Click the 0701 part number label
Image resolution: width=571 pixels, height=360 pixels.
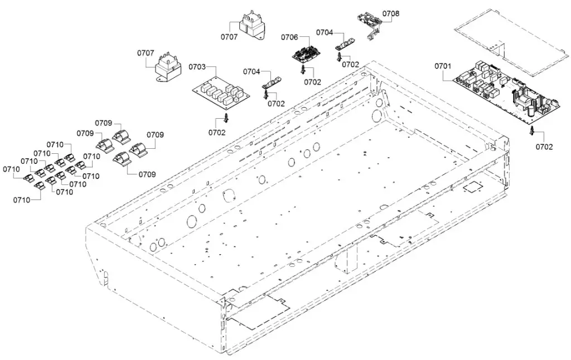(x=443, y=66)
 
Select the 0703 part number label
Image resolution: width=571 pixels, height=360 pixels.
(x=197, y=67)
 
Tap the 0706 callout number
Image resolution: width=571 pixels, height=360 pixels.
(x=289, y=37)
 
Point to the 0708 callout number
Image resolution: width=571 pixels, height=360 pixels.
(x=391, y=13)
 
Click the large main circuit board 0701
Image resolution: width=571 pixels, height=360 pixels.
(x=505, y=93)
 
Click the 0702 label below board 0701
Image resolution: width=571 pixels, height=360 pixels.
(x=544, y=147)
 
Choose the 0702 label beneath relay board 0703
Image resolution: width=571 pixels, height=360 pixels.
(x=217, y=133)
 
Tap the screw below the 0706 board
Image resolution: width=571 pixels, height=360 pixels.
(x=303, y=70)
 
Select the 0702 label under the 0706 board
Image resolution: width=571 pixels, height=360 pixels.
(x=312, y=81)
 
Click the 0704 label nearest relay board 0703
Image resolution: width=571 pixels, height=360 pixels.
(x=252, y=71)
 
